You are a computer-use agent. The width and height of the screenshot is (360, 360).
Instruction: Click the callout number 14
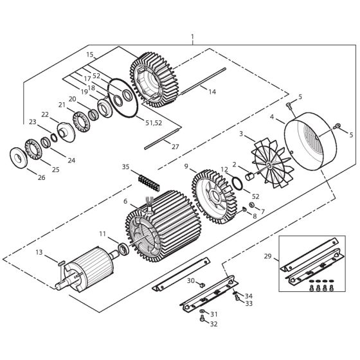tap(212, 92)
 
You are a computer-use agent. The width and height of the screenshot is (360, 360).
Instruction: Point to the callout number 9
tap(186, 166)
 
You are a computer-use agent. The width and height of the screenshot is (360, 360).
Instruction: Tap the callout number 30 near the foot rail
tap(190, 281)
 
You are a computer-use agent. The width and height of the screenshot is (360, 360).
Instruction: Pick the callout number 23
tap(33, 121)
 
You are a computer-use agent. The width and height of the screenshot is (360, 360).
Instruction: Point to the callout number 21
tap(62, 104)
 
